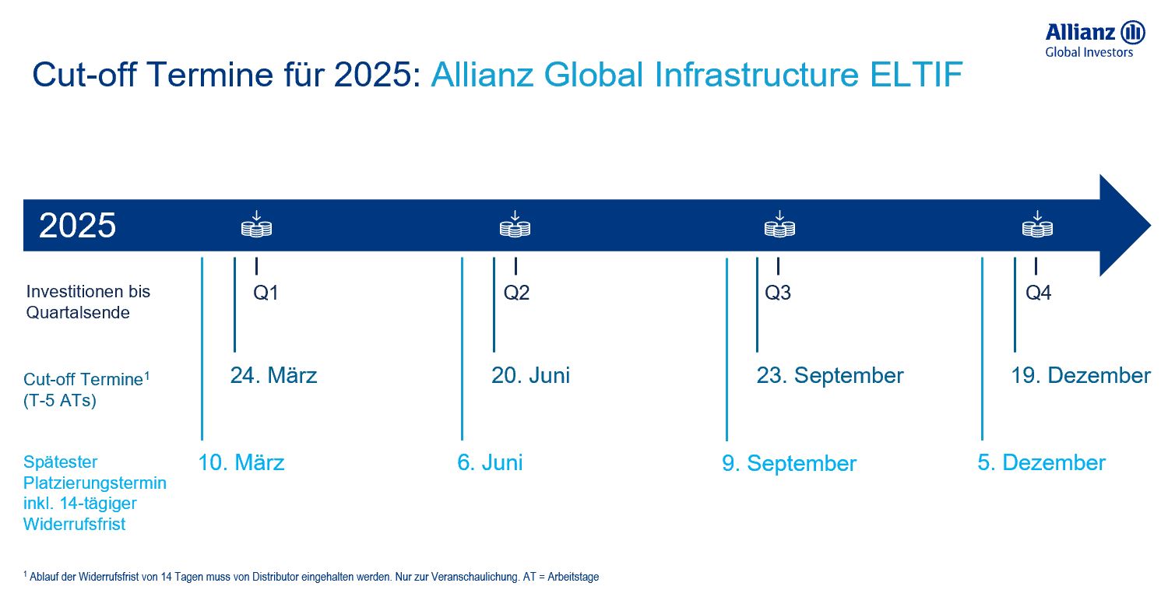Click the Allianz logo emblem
tap(1132, 33)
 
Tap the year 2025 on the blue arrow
tap(77, 226)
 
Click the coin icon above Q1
tap(256, 224)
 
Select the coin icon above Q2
tap(515, 224)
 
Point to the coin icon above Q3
tap(779, 224)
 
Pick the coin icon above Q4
tap(1038, 224)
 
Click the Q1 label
tap(266, 293)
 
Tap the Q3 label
tap(777, 293)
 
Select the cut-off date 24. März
tap(273, 375)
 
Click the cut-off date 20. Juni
tap(530, 375)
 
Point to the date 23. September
tap(830, 376)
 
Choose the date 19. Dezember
tap(1081, 375)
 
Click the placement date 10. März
tap(241, 462)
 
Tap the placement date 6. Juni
tap(490, 462)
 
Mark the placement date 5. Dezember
tap(1041, 462)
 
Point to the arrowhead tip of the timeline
tap(1151, 226)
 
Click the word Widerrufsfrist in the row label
tap(75, 524)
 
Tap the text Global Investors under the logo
tap(1089, 52)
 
